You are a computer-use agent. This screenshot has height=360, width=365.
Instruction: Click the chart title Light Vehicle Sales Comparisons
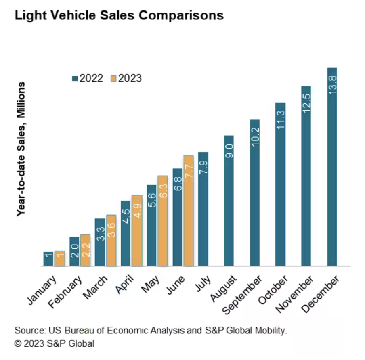[x=119, y=16]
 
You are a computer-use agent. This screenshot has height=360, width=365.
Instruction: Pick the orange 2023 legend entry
[x=126, y=78]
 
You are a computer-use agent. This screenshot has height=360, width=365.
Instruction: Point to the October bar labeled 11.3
[x=280, y=184]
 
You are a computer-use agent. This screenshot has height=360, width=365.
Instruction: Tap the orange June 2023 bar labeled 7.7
[x=189, y=211]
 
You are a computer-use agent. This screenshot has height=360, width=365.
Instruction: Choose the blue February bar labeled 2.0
[x=74, y=251]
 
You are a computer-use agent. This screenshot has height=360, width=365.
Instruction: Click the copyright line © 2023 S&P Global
[x=54, y=344]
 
